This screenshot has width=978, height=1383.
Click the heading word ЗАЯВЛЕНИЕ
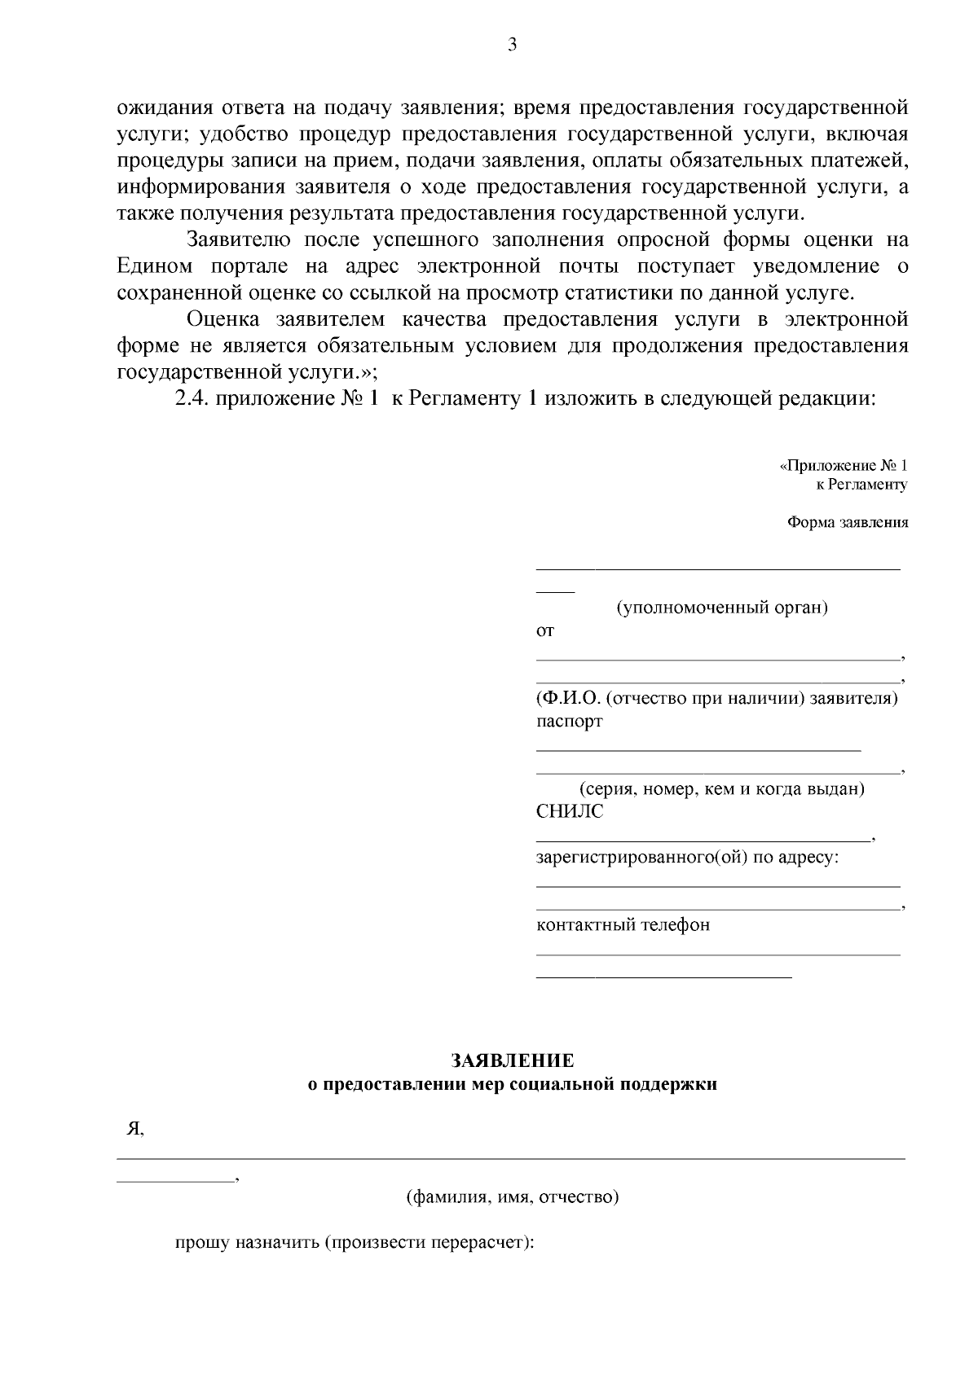click(513, 1060)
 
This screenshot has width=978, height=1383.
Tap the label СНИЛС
click(570, 811)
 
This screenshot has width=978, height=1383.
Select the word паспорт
click(569, 721)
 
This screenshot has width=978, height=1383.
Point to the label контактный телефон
click(623, 925)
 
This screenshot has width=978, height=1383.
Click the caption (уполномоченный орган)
click(721, 608)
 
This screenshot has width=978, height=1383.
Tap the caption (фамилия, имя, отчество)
click(513, 1197)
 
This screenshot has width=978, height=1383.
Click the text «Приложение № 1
click(843, 466)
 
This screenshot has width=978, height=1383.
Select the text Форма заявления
click(847, 523)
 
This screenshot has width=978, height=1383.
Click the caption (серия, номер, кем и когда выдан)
click(721, 789)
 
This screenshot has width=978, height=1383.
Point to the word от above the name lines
click(544, 630)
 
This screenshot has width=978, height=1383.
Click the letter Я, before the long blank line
click(134, 1129)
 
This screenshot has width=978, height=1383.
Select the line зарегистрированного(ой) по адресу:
click(687, 858)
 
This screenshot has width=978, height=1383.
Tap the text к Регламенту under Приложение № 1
click(861, 485)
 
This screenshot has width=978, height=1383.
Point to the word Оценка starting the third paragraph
click(219, 319)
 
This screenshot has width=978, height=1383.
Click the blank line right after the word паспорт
click(698, 748)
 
